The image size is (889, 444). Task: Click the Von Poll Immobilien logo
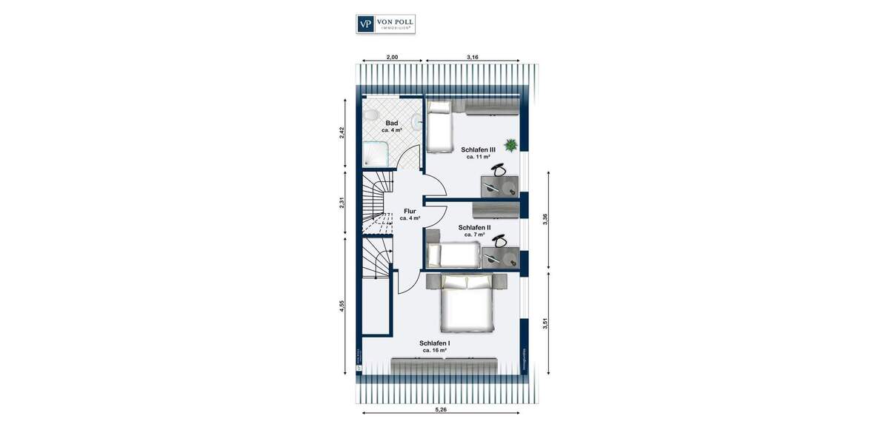[385, 24]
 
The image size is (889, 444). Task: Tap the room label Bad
[392, 124]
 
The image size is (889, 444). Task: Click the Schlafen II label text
[474, 228]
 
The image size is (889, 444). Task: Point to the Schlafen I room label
[434, 343]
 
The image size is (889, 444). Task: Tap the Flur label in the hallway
[410, 211]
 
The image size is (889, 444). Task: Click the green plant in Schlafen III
[510, 145]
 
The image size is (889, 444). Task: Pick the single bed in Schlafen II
[453, 255]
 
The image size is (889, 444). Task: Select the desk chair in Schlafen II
[502, 241]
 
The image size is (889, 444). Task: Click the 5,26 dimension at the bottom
[440, 410]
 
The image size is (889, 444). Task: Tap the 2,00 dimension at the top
[392, 57]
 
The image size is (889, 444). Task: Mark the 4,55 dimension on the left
[343, 307]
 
